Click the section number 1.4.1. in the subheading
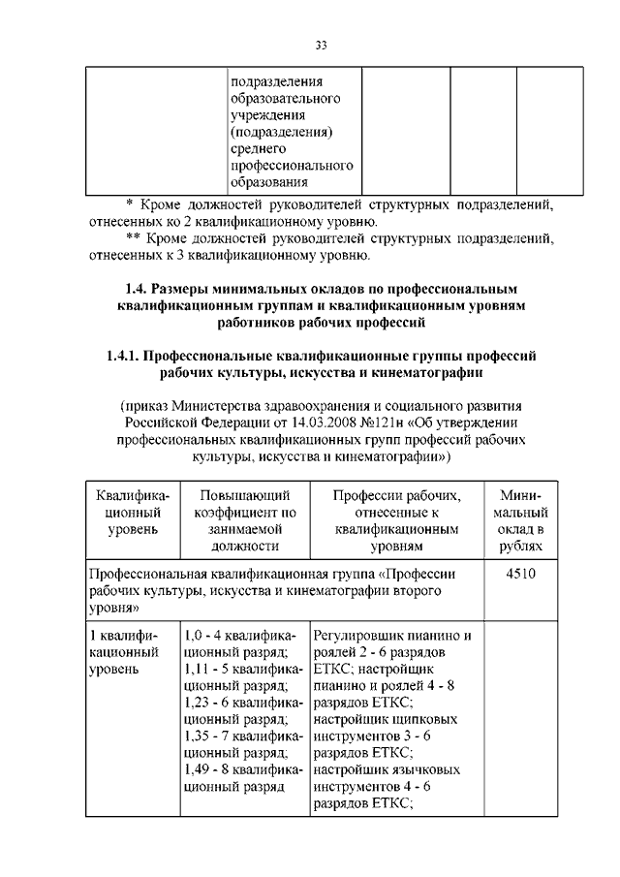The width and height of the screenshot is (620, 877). (127, 357)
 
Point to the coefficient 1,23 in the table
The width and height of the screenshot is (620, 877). (199, 702)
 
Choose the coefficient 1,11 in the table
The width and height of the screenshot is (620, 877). (199, 669)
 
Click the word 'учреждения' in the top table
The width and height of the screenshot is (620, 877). (269, 114)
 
